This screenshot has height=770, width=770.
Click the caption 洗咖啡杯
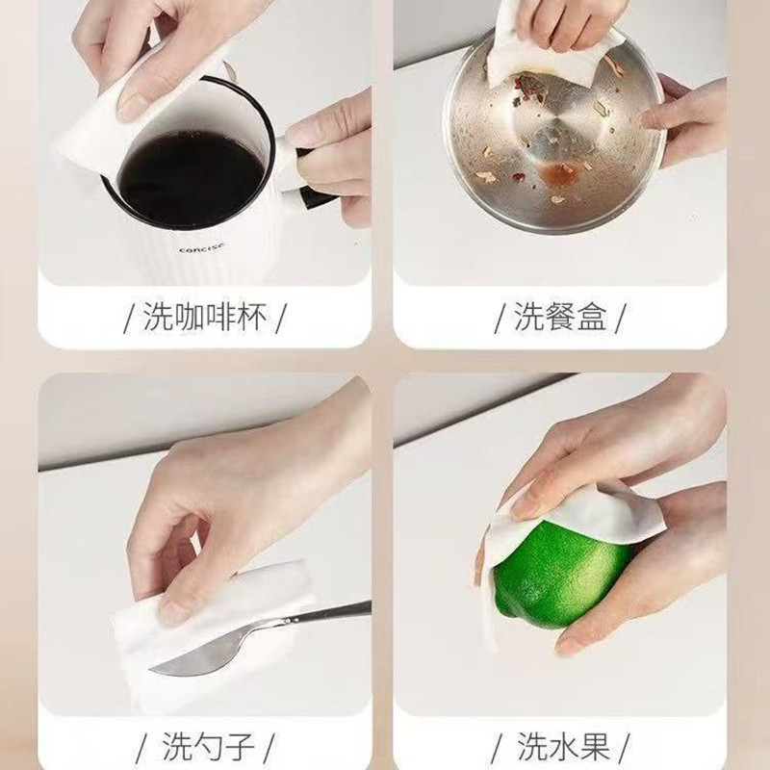tap(205, 317)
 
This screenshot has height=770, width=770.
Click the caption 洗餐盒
tap(560, 317)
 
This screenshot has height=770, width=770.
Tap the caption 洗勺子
tap(208, 747)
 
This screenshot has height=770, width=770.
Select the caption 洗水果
tap(563, 746)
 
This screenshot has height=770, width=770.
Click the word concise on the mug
tap(202, 247)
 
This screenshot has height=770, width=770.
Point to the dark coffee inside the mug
tap(191, 180)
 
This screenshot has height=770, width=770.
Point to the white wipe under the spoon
tap(211, 633)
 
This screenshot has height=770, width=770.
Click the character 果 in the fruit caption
tap(595, 746)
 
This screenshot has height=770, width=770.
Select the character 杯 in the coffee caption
tap(252, 317)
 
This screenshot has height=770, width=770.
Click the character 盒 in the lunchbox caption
tap(592, 317)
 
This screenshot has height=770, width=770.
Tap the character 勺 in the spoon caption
tap(208, 747)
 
